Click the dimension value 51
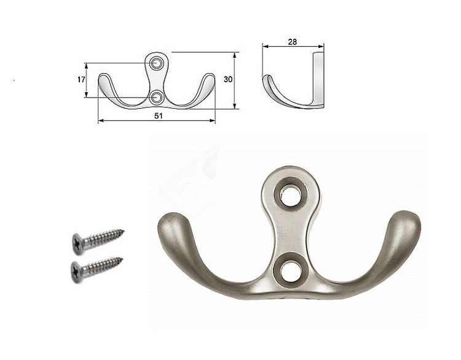tap(159, 115)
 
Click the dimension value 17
tap(81, 79)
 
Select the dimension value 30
tap(228, 79)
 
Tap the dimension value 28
tap(292, 42)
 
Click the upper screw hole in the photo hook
tap(291, 195)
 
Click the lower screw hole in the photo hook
tap(291, 270)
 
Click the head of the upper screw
tap(77, 243)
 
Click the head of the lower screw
tap(76, 272)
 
